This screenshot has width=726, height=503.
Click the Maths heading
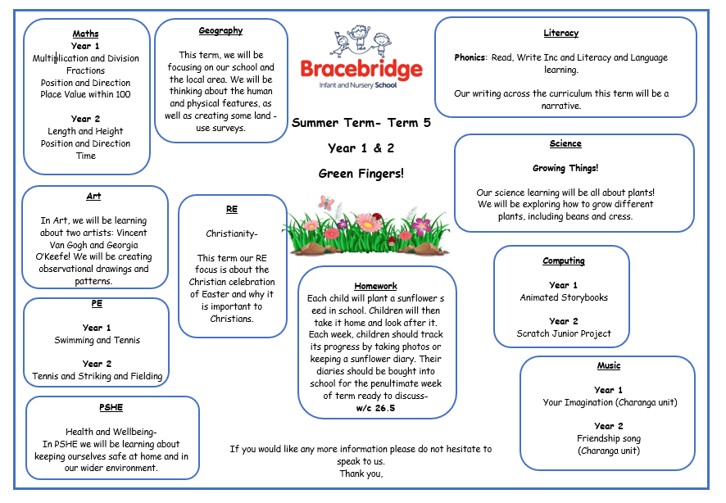(x=85, y=34)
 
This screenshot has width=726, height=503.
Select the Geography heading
(x=220, y=30)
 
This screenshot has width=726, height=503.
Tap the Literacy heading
(x=560, y=33)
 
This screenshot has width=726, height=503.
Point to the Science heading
(x=565, y=143)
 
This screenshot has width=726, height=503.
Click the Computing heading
(x=564, y=261)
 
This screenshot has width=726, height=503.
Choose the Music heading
(x=608, y=365)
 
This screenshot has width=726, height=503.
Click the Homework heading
(x=376, y=286)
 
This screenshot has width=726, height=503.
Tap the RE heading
(x=232, y=209)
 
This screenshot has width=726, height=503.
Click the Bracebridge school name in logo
(x=361, y=68)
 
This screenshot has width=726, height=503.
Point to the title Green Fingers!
(x=361, y=174)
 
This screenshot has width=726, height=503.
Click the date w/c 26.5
(x=376, y=408)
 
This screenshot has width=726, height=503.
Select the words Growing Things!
(x=565, y=168)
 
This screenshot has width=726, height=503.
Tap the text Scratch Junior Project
(x=564, y=333)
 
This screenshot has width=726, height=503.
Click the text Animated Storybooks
(x=564, y=297)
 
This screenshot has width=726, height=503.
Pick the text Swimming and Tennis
(x=98, y=340)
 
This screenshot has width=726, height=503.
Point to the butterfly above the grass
(x=326, y=202)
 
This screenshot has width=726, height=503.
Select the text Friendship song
(x=608, y=438)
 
